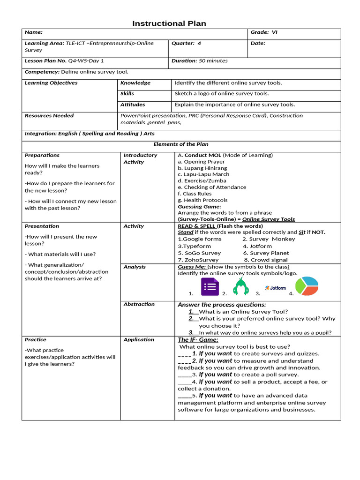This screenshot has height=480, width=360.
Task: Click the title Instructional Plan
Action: pos(169,23)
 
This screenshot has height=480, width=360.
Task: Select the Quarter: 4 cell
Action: pos(186,43)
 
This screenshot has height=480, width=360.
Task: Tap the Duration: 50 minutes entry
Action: pos(200,60)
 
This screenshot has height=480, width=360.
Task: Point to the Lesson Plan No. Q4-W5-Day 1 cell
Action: pos(64,60)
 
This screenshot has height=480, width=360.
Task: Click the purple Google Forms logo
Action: pos(210,287)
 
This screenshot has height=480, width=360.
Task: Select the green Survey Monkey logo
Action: pos(241,286)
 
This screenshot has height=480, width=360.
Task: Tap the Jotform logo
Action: pos(275,288)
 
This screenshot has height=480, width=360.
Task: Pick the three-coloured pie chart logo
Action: pos(307,286)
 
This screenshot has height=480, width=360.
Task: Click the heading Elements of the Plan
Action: pos(181,144)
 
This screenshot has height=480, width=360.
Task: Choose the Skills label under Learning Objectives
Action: pos(127,93)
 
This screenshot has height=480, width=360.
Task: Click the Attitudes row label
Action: pos(132,105)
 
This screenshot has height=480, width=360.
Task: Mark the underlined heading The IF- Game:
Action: pos(198,340)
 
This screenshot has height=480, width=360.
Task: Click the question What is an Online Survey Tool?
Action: pos(243,312)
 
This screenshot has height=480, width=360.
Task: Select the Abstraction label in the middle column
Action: pos(139,304)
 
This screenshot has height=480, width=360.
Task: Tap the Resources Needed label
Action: pos(49,115)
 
